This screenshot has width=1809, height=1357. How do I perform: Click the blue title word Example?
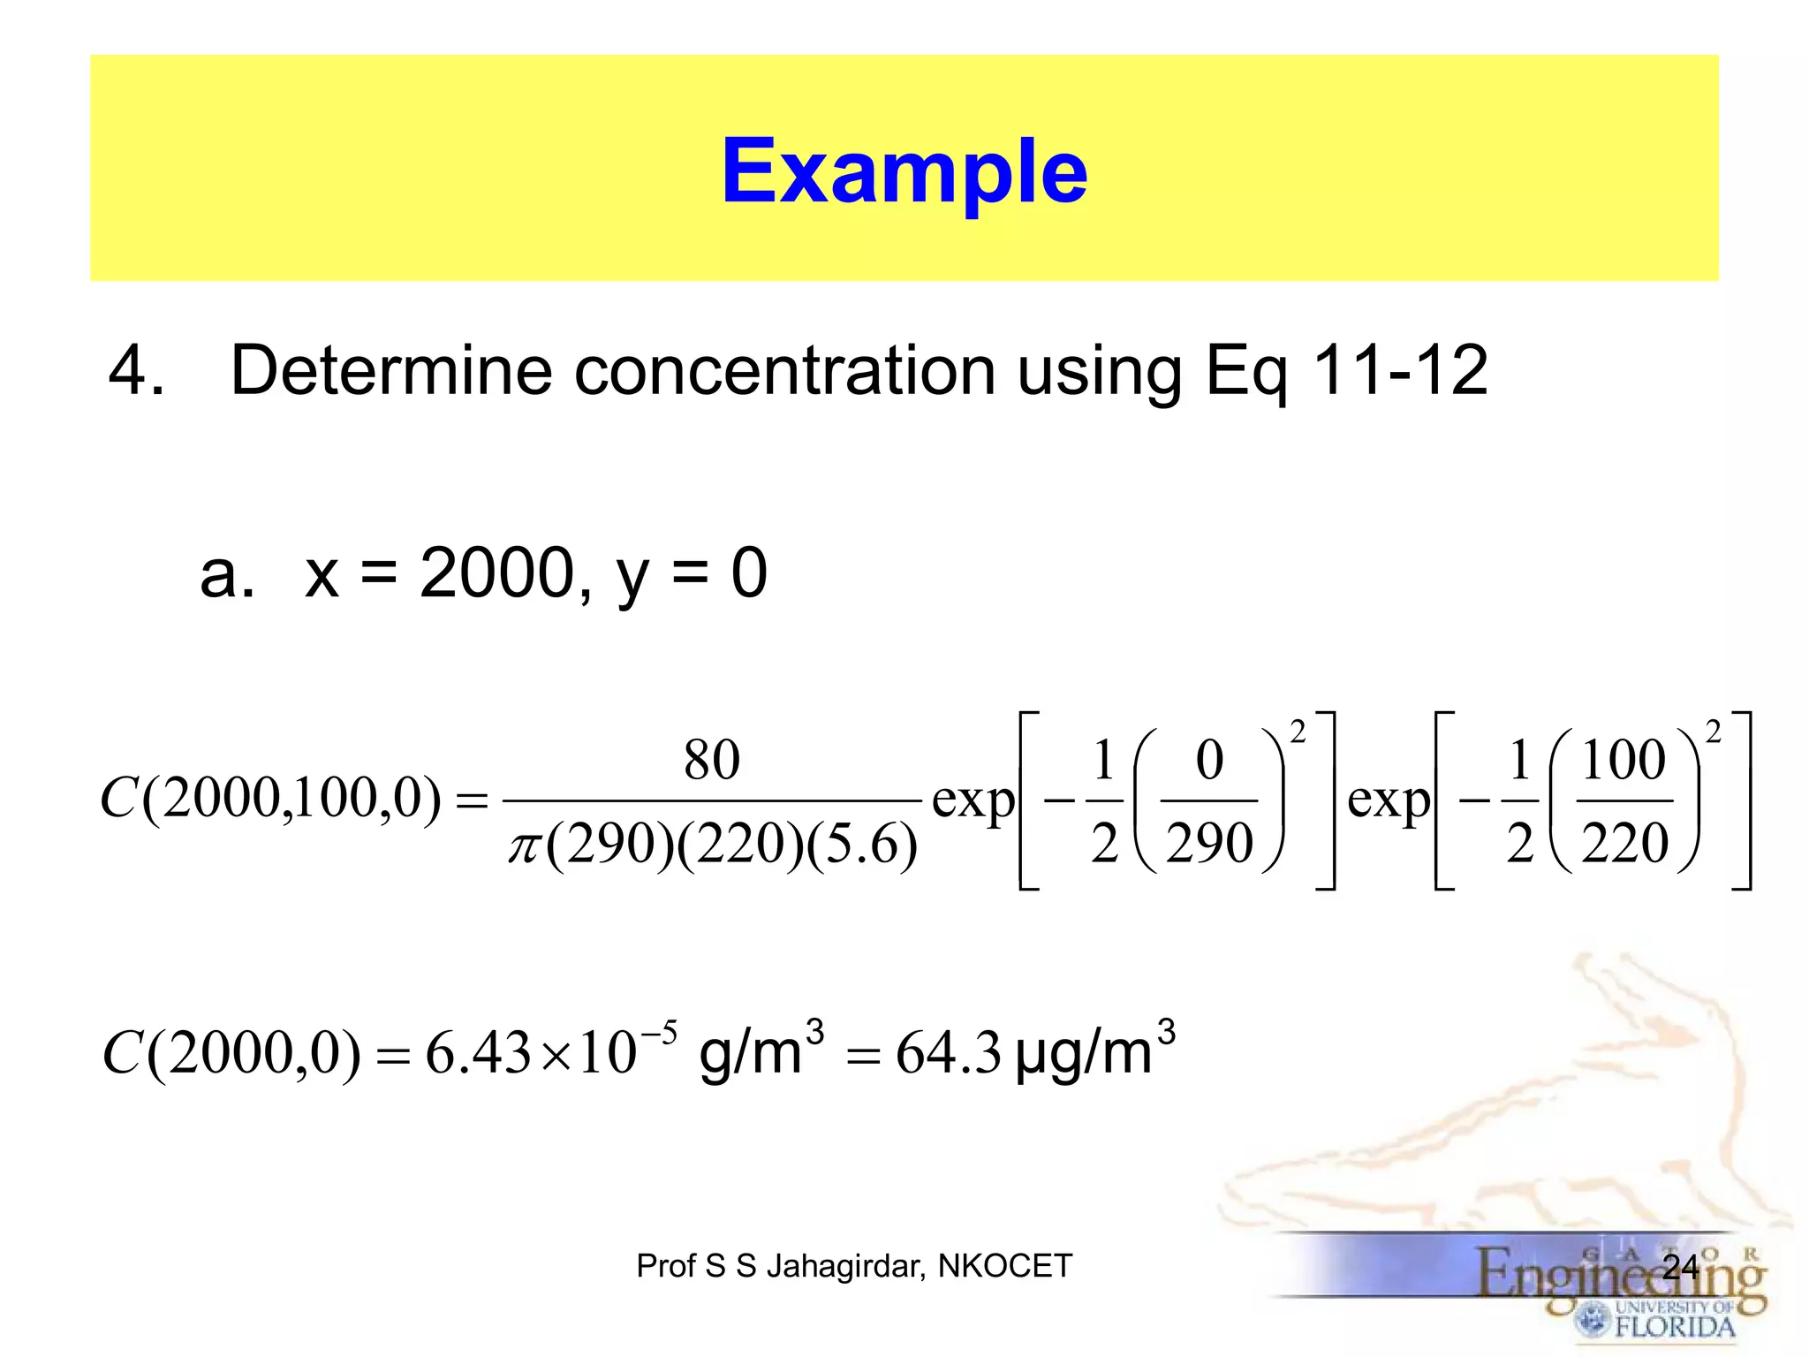tap(904, 171)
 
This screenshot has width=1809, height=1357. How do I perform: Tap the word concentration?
tap(785, 370)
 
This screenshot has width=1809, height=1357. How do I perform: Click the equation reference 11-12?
tap(1400, 370)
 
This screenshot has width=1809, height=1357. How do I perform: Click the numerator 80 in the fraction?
tap(711, 760)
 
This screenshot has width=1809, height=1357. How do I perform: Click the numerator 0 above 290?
tap(1209, 760)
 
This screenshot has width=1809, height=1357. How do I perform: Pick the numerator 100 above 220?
tap(1624, 760)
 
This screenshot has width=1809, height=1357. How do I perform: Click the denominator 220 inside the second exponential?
tap(1624, 843)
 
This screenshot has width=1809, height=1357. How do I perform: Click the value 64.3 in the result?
tap(948, 1053)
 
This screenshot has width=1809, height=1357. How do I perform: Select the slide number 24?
tap(1680, 1267)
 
